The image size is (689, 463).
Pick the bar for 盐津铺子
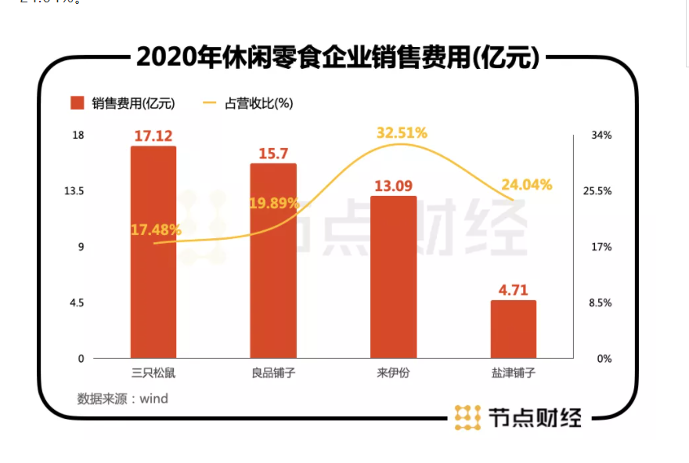coord(513,329)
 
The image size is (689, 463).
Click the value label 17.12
coord(153,136)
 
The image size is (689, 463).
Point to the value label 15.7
coord(273,154)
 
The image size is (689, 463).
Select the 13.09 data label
coord(393,186)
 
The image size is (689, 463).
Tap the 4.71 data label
coord(513,291)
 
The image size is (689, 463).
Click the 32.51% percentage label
coord(402,132)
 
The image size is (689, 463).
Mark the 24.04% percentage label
coord(527,185)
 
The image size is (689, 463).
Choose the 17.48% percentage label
coord(156,230)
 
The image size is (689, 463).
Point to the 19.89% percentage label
coord(274,203)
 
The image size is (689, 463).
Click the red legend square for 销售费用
coord(77,103)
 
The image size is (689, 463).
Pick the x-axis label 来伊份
coord(393,372)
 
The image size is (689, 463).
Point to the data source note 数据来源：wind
coord(123,398)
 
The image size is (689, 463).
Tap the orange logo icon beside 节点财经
coord(467,418)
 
